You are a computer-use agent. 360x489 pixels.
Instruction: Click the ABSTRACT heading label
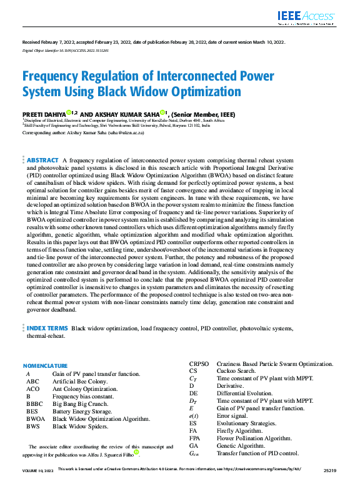42,161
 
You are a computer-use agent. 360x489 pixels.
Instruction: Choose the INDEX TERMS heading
47,328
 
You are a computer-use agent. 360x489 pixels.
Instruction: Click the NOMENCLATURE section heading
45,366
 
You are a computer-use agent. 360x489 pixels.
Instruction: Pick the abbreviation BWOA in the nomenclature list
34,419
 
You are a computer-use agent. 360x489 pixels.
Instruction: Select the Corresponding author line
83,133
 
